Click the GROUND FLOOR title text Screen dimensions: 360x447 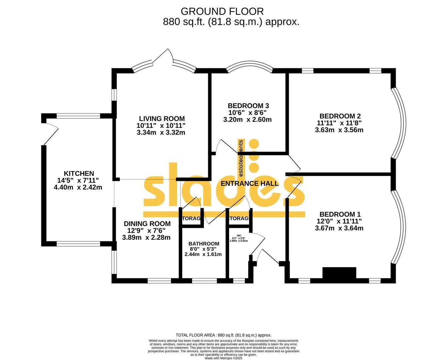[222, 11]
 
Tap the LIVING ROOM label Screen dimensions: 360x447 [162, 119]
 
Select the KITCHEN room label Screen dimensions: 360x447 [79, 173]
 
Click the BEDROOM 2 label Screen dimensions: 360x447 [340, 116]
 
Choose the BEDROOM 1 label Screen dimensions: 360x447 [340, 214]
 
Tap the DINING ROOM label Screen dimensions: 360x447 [147, 224]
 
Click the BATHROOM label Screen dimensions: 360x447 [204, 244]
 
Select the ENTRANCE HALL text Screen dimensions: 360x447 [249, 183]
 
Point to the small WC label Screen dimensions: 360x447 [239, 235]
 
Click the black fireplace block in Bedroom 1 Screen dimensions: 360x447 [339, 273]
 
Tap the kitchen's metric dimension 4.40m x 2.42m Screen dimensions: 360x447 [78, 187]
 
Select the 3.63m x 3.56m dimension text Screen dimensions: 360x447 [339, 130]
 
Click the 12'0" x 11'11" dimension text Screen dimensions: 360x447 [339, 221]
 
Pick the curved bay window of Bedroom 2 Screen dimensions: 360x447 [399, 123]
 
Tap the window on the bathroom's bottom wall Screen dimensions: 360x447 [205, 281]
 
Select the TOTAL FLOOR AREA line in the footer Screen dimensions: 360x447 [223, 335]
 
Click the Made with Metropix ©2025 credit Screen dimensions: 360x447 [223, 358]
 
